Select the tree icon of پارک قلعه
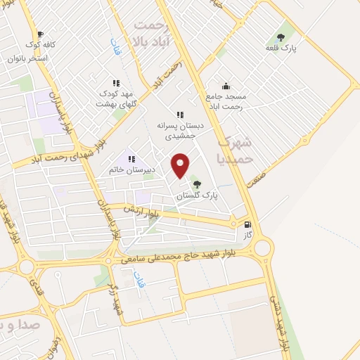[281, 37]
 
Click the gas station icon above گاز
[247, 226]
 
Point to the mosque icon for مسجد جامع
[226, 85]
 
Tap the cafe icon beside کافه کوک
[39, 33]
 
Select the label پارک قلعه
[281, 49]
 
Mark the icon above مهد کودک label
[116, 83]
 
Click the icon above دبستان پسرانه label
[180, 114]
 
